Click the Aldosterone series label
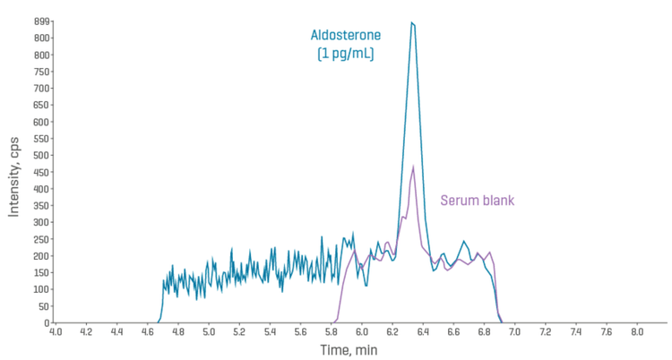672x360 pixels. [346, 36]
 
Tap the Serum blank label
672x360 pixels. [478, 200]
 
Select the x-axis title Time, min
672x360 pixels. [349, 349]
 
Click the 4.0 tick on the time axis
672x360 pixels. [56, 331]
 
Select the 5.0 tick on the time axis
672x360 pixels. [209, 331]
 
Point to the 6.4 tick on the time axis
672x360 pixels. [423, 331]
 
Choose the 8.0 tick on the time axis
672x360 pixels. [637, 331]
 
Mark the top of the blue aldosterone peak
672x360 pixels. [412, 23]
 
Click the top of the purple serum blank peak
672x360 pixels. [413, 167]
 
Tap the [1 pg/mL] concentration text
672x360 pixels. [346, 54]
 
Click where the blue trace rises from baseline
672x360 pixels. [159, 320]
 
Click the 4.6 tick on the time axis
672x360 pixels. [148, 331]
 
